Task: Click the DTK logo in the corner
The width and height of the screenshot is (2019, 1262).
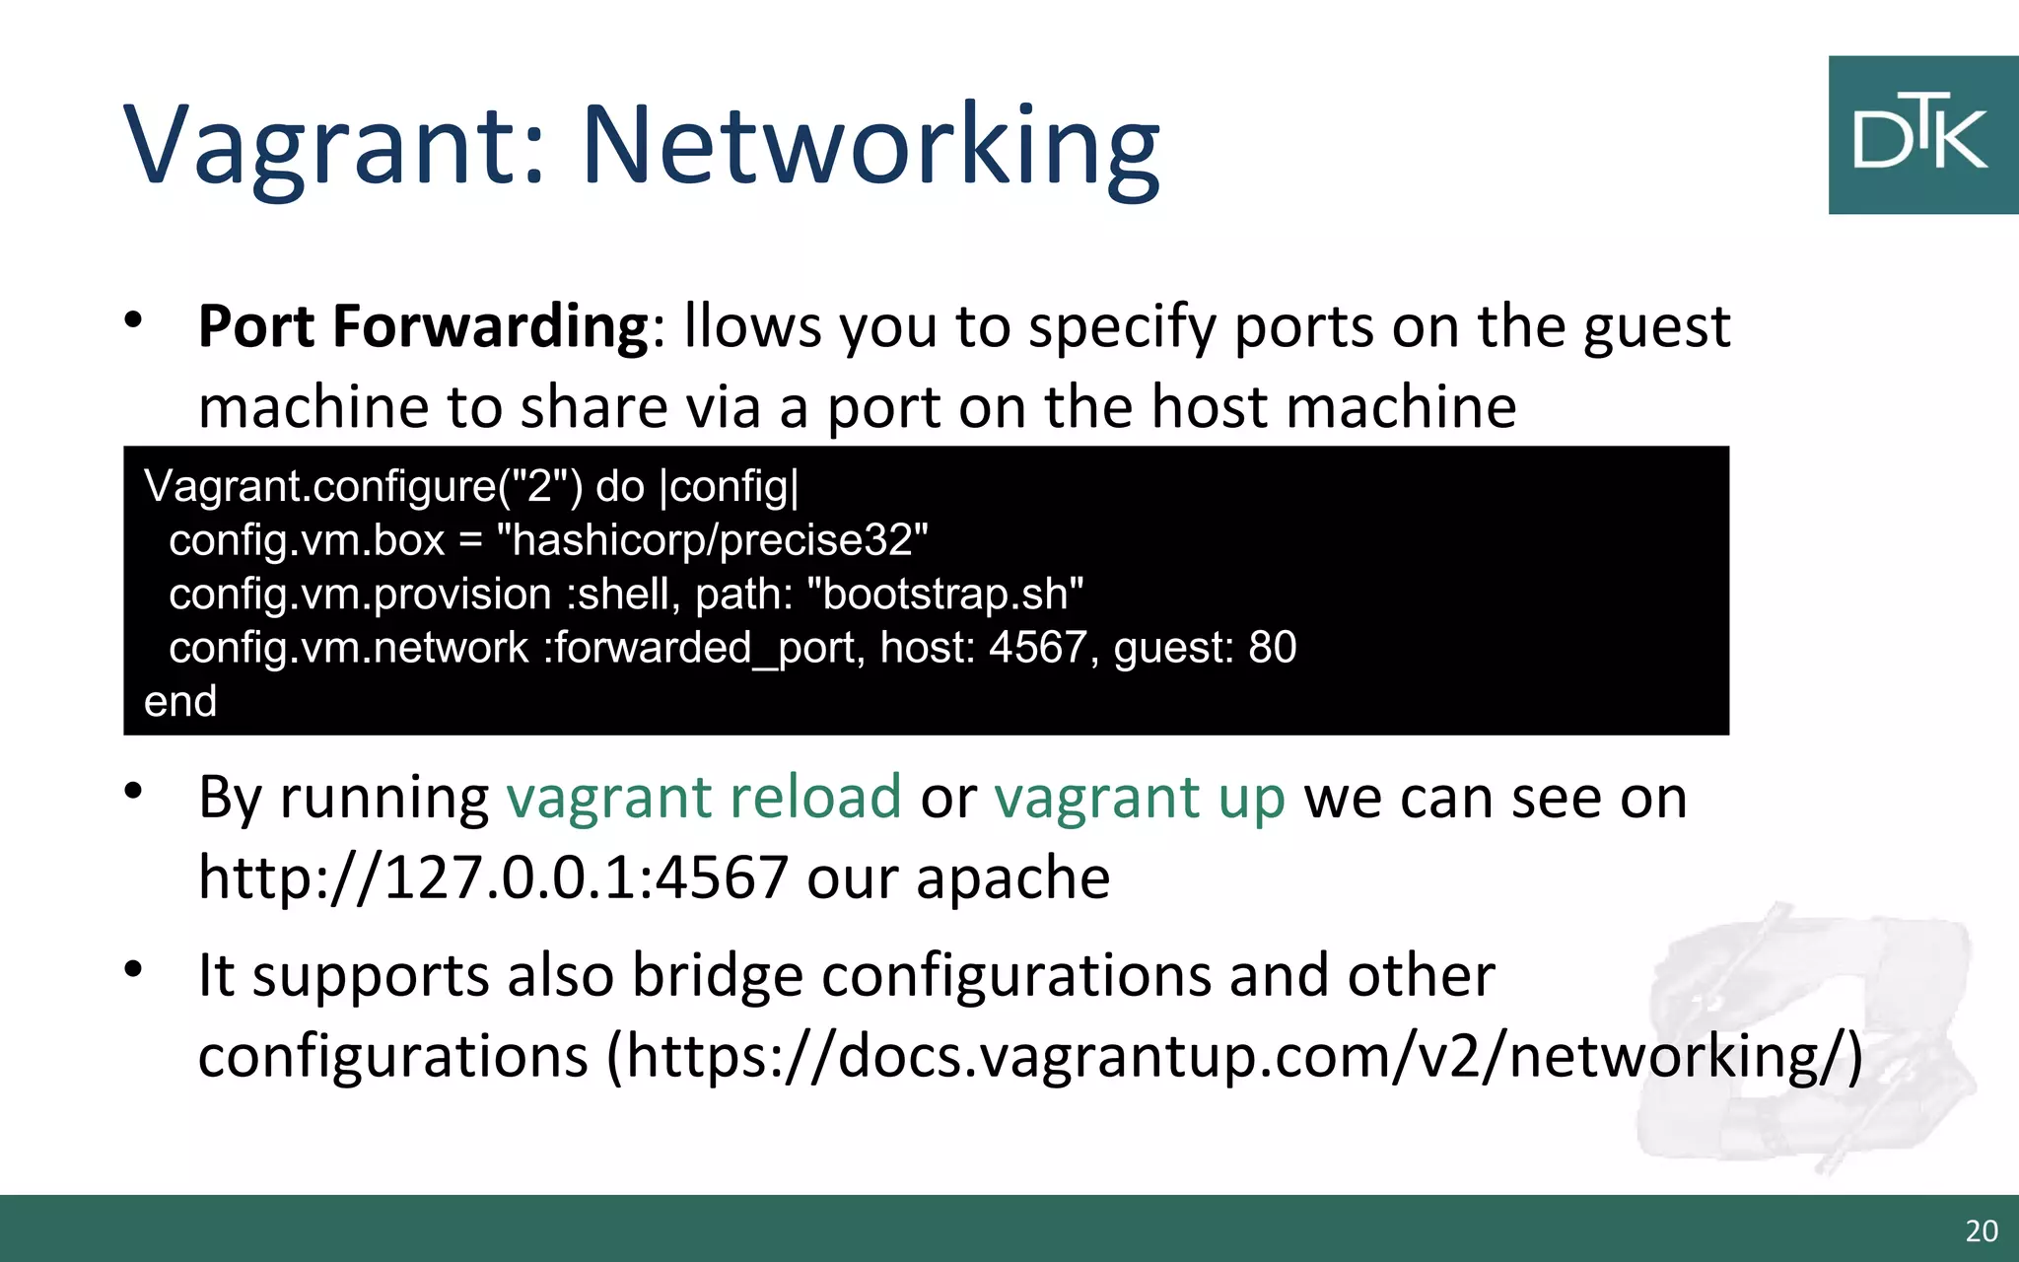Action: pos(1922,135)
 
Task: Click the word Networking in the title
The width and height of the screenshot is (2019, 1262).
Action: pos(870,145)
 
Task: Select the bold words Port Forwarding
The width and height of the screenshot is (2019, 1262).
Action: pos(423,326)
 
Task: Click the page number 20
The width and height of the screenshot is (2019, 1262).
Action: pos(1982,1230)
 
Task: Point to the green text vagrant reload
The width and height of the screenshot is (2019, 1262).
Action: pos(704,797)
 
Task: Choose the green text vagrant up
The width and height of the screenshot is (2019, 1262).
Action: pos(1140,797)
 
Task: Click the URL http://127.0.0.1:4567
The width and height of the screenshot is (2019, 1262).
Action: pos(493,877)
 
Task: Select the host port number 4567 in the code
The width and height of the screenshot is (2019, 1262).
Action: pos(1037,648)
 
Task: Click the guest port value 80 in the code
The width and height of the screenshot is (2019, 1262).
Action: pos(1273,648)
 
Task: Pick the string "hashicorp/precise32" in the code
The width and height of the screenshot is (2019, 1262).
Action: pos(713,540)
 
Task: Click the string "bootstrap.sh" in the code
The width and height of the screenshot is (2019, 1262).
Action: pos(944,594)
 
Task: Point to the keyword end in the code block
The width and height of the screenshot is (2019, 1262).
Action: pos(180,702)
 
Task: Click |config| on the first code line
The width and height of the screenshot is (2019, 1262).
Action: pos(729,487)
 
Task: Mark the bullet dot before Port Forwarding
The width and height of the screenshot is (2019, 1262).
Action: pos(134,320)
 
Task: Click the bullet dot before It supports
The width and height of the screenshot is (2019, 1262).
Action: pos(134,969)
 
